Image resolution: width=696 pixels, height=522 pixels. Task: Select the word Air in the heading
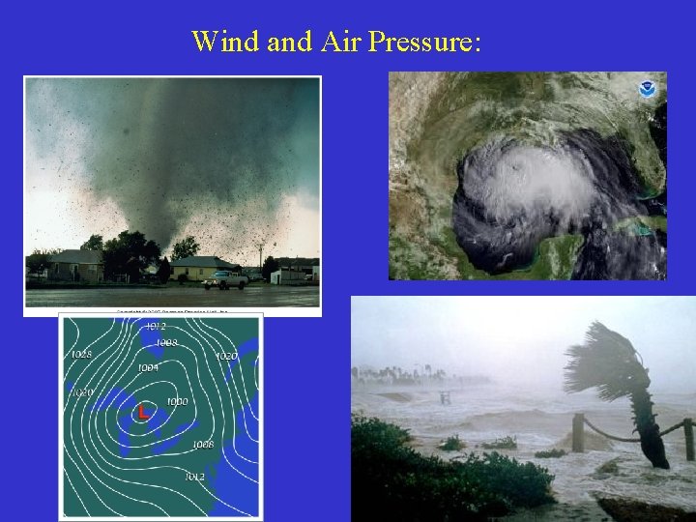(x=352, y=42)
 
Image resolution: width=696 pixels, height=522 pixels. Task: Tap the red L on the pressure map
(x=143, y=412)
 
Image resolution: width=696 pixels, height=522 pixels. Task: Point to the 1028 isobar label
(x=81, y=355)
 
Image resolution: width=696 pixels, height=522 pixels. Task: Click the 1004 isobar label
(x=148, y=368)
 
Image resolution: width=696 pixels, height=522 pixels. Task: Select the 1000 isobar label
(x=177, y=401)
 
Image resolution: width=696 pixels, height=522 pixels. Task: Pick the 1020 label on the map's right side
(x=225, y=357)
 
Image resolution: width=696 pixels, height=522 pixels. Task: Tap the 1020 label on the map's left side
(x=81, y=392)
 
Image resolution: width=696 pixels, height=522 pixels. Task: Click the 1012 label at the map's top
(x=155, y=327)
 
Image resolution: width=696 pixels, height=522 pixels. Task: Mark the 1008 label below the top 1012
(x=166, y=343)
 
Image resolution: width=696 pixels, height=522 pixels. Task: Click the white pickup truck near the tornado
(x=225, y=280)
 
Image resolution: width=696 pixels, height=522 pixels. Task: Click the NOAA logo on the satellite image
(x=646, y=89)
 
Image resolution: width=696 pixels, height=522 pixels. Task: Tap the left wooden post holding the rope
(x=579, y=432)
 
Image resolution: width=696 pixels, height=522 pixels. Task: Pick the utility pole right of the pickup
(x=260, y=258)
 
